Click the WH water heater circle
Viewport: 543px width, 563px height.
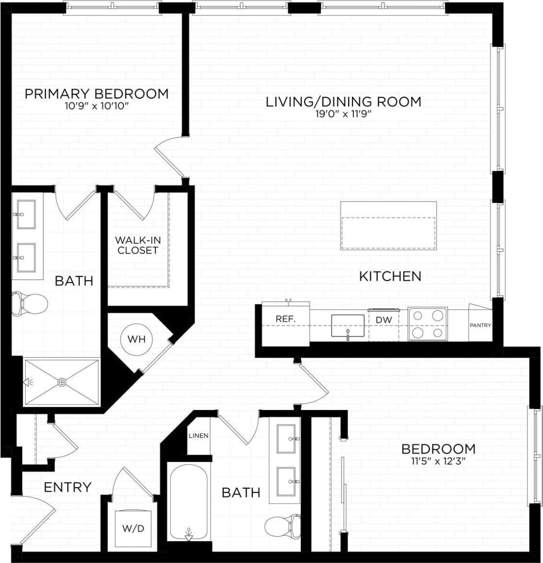136,339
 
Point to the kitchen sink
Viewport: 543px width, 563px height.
348,325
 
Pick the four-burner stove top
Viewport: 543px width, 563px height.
427,324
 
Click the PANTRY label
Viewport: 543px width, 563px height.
480,325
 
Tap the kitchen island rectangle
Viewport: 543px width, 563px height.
388,225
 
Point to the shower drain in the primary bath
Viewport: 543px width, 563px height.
62,382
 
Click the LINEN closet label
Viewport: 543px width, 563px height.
198,435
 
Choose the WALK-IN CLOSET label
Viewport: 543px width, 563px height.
138,245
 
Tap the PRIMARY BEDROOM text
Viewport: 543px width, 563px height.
97,93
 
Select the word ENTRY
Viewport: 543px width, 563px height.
68,487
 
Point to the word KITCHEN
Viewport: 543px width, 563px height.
390,276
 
